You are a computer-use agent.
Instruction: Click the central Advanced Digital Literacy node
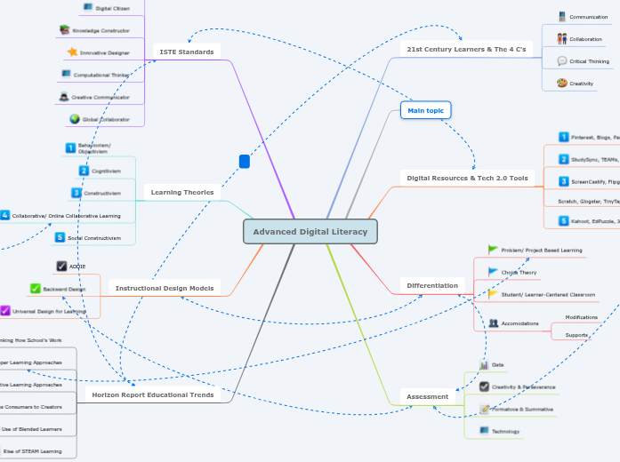310,232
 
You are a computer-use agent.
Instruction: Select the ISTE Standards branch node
187,52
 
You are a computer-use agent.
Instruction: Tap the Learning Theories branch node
181,192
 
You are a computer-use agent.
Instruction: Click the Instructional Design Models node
165,288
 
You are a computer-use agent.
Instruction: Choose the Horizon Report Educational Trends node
154,394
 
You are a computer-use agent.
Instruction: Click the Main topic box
425,110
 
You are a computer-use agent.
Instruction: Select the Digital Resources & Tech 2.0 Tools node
467,178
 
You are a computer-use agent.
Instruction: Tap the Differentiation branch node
432,285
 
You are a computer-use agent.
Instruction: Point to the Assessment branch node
428,396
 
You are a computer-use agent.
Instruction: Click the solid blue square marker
245,162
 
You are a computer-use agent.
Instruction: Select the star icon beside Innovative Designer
72,52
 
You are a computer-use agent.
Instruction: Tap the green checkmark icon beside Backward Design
35,288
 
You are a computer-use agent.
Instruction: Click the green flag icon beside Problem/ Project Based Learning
493,250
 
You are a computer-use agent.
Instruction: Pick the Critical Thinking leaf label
589,61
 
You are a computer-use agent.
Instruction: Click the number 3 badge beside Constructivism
76,193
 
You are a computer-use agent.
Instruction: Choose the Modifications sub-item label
582,317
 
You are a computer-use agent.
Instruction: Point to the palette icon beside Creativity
562,83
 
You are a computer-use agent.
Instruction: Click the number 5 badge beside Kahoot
563,219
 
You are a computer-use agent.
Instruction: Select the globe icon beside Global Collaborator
74,118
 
